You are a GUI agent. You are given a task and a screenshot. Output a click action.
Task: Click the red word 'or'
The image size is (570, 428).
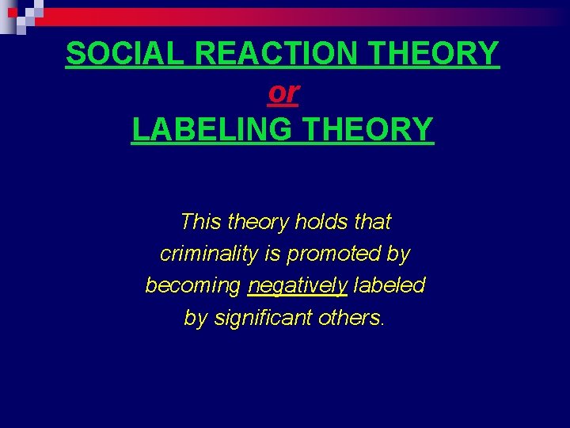283,93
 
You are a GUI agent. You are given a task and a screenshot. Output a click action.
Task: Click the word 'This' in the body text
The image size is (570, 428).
200,222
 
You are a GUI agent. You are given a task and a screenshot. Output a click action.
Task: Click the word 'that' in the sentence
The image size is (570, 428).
371,222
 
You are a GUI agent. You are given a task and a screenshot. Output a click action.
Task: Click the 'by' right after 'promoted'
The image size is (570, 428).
398,254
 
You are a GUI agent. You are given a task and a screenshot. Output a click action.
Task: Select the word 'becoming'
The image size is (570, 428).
193,286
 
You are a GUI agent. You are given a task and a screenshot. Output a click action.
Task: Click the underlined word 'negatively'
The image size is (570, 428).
297,286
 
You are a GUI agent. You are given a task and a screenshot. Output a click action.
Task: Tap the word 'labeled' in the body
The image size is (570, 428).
389,285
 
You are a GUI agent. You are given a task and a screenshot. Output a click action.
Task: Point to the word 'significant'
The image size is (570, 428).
263,318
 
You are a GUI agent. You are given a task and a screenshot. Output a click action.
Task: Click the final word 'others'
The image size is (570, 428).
351,317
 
